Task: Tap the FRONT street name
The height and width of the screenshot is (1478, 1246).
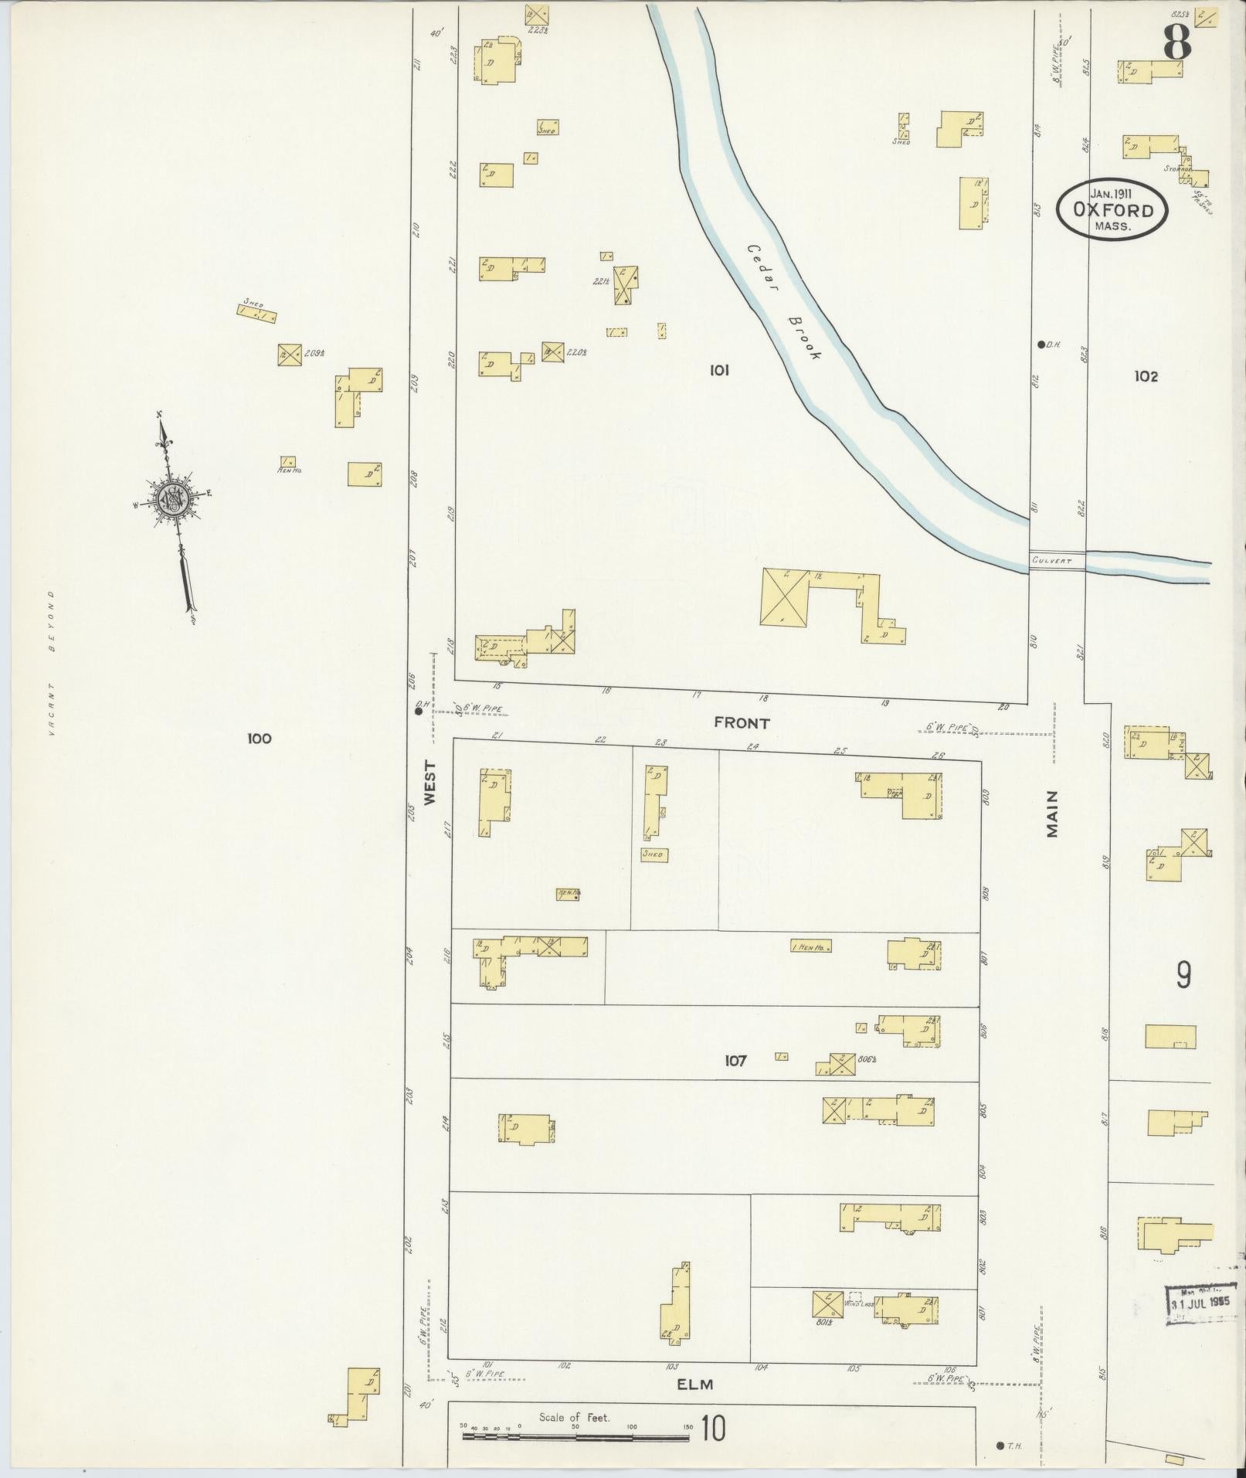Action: [742, 723]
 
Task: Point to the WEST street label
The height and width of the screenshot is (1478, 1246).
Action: [429, 782]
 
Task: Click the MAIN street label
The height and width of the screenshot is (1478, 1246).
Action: [1052, 813]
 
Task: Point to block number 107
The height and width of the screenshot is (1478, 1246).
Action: [735, 1061]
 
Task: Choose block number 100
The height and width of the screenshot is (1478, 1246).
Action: [259, 739]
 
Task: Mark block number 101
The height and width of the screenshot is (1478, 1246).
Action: [719, 371]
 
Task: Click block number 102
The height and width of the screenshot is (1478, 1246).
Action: [1146, 376]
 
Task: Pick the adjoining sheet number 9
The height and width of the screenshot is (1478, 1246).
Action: [1183, 976]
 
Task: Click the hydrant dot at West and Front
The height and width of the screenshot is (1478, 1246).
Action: [419, 712]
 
